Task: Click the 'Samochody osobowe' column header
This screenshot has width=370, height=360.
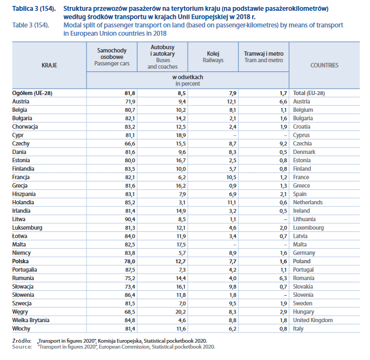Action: (x=110, y=56)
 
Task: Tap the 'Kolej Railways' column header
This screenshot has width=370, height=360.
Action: (x=213, y=57)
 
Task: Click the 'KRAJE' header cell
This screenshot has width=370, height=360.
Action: (x=49, y=65)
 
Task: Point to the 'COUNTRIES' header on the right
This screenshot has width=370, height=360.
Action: (x=324, y=65)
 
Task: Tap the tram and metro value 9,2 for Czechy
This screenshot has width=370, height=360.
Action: (x=282, y=143)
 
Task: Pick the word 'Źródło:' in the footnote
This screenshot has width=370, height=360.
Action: (x=21, y=341)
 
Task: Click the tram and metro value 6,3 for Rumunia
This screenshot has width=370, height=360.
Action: (x=282, y=278)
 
